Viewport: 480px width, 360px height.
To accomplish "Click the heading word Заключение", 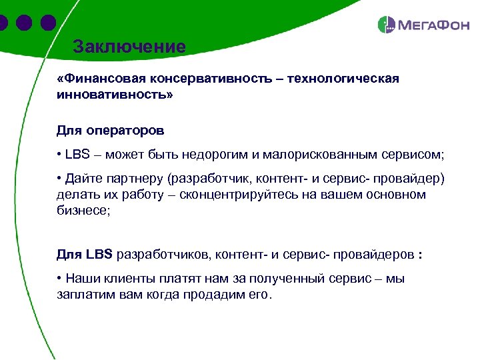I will click(x=129, y=47).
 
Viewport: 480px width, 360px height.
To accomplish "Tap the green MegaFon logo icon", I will click(x=387, y=25).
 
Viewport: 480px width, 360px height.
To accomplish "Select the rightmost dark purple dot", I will click(x=47, y=23).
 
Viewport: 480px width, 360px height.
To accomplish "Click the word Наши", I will click(x=82, y=279).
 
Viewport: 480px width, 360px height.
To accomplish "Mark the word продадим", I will click(x=209, y=294).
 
